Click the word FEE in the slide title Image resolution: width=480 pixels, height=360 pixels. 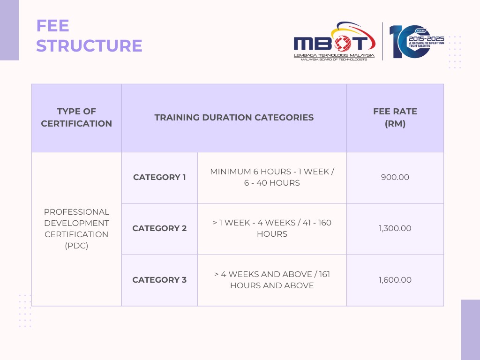coord(53,26)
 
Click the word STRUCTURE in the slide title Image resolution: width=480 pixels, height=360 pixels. coord(89,46)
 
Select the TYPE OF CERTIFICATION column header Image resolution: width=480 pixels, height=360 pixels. coord(76,118)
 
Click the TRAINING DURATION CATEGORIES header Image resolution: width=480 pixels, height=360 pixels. coord(234,118)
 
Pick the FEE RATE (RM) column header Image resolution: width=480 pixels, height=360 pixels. coord(395,118)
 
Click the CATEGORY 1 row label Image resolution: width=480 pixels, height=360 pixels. coord(159,177)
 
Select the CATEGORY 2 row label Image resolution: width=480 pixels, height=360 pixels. coord(159,229)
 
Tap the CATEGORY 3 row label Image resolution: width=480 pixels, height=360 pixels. coord(159,280)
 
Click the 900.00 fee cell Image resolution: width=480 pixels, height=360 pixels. coord(395,177)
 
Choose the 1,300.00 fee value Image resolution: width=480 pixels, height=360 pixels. coord(395,229)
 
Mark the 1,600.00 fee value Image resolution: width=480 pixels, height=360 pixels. coord(395,280)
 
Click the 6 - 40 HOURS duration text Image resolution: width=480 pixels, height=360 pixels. coord(272,183)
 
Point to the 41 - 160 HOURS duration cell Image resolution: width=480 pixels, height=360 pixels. coord(272,228)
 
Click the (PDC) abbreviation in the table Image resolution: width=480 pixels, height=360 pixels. coord(76,246)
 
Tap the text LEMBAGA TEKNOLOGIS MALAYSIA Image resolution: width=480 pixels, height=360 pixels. coord(334,55)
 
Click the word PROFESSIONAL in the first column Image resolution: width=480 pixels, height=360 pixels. coord(76,212)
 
